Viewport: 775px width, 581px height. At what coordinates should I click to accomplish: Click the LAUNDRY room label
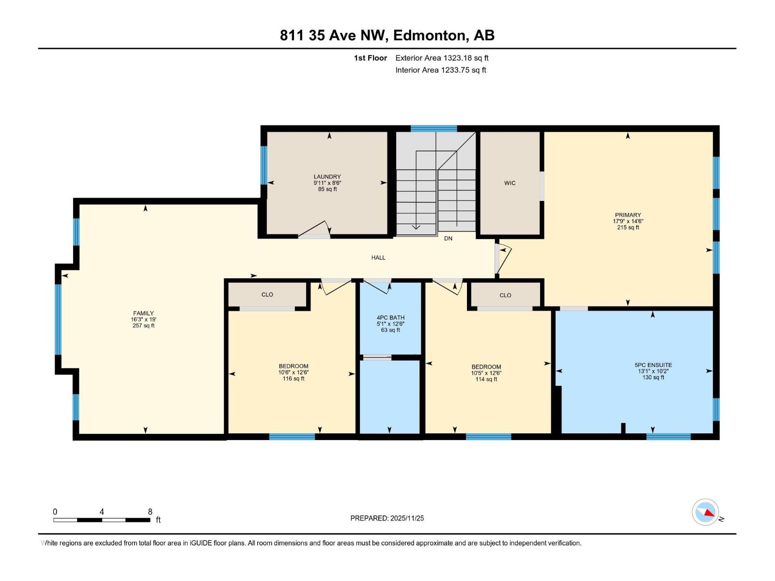coord(327,177)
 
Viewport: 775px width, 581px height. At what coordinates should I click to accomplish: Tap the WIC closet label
coord(510,183)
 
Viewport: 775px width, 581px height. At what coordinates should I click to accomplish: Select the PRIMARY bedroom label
coord(628,215)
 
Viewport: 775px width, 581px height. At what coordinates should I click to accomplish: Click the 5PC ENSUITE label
coord(653,365)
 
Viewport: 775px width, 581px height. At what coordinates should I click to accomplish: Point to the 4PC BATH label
coord(390,318)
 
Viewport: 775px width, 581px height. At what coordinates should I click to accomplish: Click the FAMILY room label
coord(143,313)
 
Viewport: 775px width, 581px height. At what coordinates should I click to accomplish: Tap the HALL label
coord(378,258)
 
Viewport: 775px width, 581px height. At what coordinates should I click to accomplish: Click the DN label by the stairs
coord(448,239)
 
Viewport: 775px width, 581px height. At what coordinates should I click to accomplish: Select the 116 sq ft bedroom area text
coord(294,379)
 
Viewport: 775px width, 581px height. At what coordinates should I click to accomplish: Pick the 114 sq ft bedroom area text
coord(486,379)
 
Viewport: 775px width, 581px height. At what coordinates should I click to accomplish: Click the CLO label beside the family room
coord(267,294)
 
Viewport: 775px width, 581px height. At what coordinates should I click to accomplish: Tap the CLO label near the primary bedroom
coord(505,295)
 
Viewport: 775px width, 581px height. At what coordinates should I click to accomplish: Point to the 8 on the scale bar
coord(150,512)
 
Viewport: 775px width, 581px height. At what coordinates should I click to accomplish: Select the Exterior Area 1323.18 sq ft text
coord(442,58)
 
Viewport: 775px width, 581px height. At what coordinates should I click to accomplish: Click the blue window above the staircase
coord(434,128)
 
